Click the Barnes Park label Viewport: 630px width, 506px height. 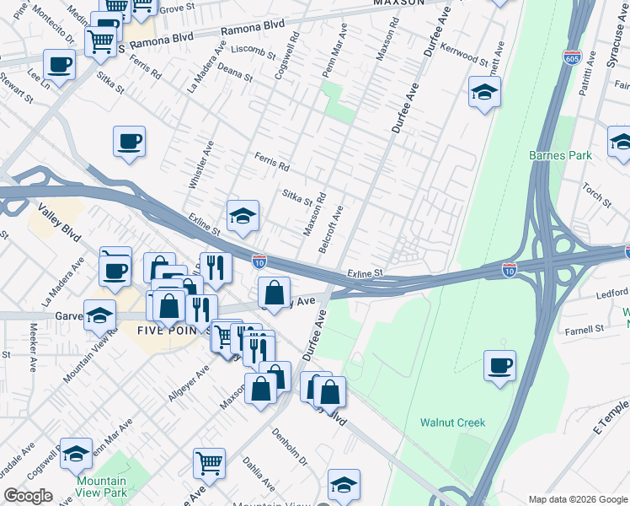pos(560,155)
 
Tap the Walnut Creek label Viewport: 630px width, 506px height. pos(453,423)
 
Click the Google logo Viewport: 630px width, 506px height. pos(29,496)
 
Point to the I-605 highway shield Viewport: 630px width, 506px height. pos(572,57)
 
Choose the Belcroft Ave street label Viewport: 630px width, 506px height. pos(331,223)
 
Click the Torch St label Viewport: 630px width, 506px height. pos(596,194)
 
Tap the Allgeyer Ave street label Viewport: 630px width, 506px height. pos(191,384)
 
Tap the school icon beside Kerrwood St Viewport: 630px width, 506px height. pos(484,93)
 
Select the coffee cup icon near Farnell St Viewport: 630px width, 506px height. pos(500,366)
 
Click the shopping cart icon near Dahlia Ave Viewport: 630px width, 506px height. pos(209,463)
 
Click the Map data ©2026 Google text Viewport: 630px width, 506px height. pos(576,498)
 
